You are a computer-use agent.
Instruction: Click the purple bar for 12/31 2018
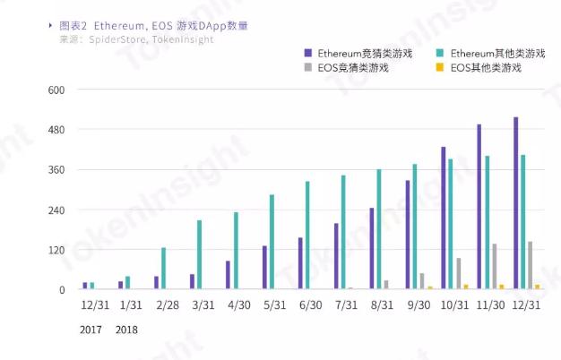pos(515,203)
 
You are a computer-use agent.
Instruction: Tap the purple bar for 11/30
pos(479,207)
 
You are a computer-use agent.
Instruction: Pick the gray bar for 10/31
pos(459,274)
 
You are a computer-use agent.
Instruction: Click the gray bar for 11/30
pos(495,267)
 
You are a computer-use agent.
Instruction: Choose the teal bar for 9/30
pos(415,227)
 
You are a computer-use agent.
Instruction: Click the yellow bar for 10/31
pos(466,287)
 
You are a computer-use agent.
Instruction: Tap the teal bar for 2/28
pos(163,269)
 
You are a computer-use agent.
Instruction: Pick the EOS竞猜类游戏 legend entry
pos(351,67)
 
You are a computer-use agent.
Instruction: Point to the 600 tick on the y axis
pos(56,90)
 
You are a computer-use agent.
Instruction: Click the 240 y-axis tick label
pos(56,210)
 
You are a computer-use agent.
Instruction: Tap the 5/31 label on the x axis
pos(272,305)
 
